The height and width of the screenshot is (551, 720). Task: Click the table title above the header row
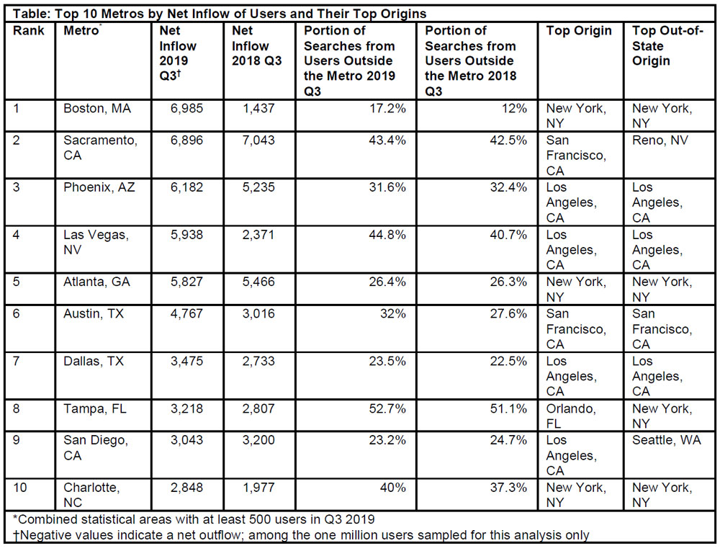[x=220, y=14]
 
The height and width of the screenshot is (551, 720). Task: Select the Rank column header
[x=29, y=31]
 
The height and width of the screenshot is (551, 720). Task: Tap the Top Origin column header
[x=579, y=31]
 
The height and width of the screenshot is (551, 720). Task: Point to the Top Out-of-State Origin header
[x=667, y=46]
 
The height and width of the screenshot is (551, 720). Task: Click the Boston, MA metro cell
[x=97, y=109]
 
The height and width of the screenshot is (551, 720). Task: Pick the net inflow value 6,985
[x=186, y=109]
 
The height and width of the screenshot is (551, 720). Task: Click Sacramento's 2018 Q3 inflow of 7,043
[x=258, y=140]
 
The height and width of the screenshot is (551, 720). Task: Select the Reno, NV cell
[x=660, y=140]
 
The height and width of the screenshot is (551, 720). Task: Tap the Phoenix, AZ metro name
[x=99, y=187]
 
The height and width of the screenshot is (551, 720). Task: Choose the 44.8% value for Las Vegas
[x=387, y=235]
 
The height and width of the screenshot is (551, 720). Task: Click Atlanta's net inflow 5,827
[x=186, y=282]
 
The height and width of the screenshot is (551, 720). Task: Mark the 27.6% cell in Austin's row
[x=508, y=313]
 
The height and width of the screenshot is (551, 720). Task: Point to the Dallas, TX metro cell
[x=94, y=361]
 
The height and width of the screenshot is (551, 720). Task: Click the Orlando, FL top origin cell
[x=571, y=416]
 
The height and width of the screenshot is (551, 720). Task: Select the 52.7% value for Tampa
[x=387, y=408]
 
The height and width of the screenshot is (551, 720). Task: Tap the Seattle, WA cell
[x=666, y=440]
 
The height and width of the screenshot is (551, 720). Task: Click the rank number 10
[x=19, y=488]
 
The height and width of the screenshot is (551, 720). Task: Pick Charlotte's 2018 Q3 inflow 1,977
[x=258, y=488]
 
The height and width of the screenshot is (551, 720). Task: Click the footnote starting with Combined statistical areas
[x=194, y=520]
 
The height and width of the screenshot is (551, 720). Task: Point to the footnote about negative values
[x=301, y=535]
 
